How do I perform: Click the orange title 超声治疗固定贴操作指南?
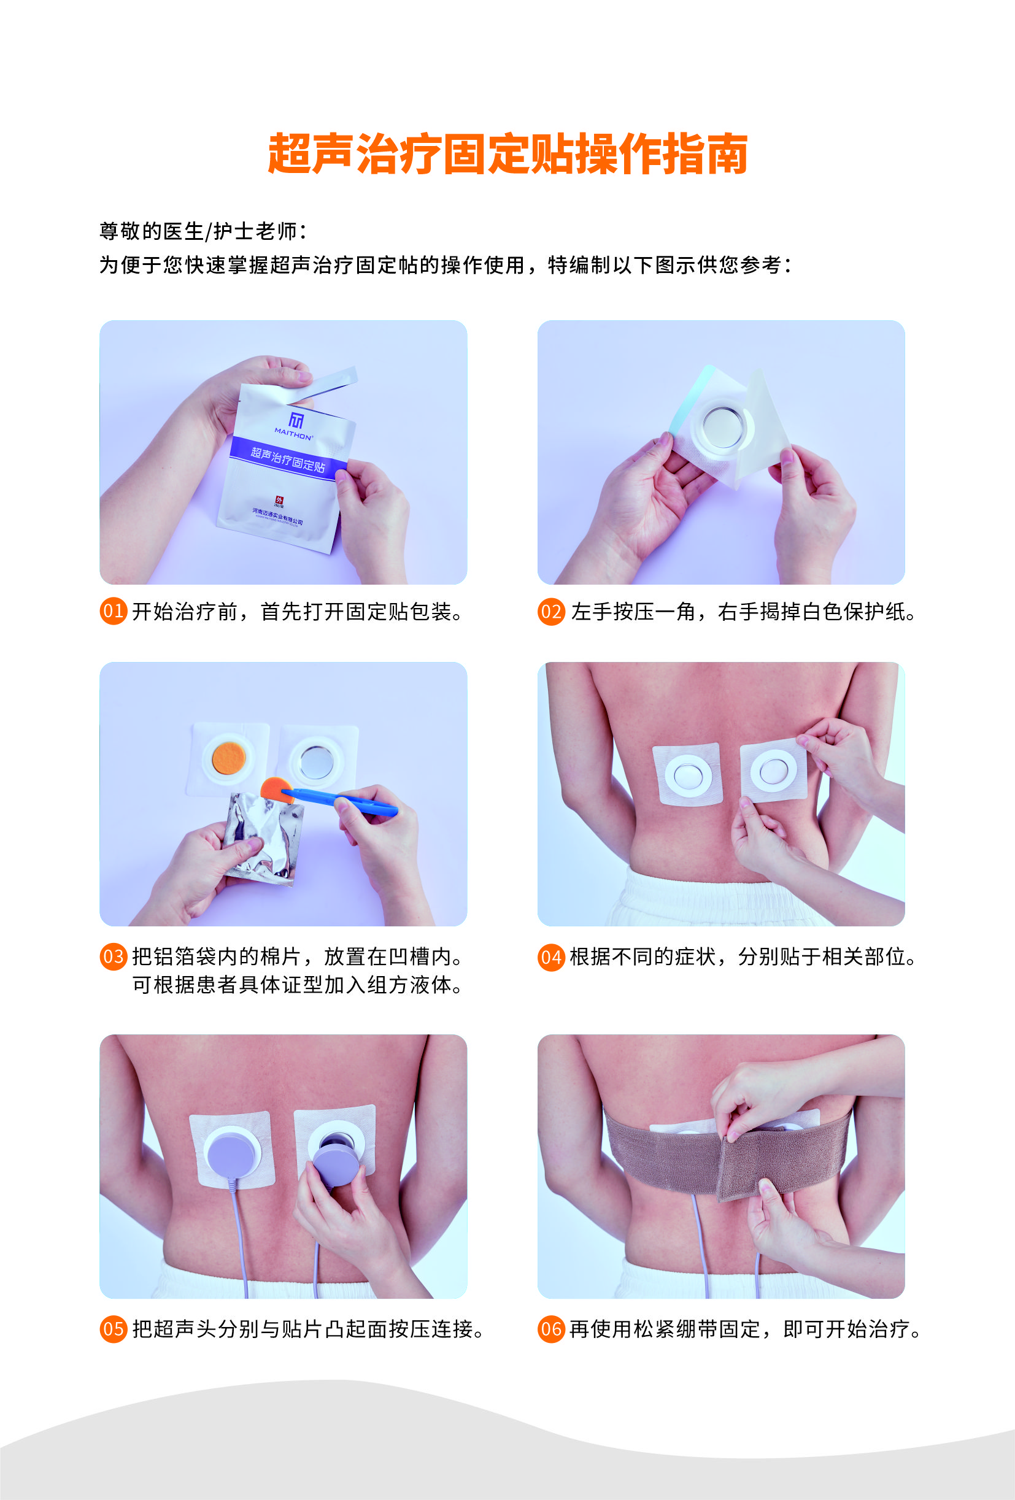pyautogui.click(x=507, y=154)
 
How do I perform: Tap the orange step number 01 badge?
pyautogui.click(x=113, y=611)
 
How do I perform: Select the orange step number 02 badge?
pyautogui.click(x=550, y=611)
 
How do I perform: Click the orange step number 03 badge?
pyautogui.click(x=113, y=956)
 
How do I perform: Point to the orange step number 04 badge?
pyautogui.click(x=550, y=956)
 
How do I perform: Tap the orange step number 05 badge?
pyautogui.click(x=113, y=1329)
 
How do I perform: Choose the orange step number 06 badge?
pyautogui.click(x=550, y=1329)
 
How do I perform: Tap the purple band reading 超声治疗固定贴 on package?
pyautogui.click(x=288, y=459)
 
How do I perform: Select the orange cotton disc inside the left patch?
pyautogui.click(x=228, y=758)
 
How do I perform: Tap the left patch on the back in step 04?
pyautogui.click(x=687, y=774)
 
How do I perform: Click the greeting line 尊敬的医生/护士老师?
pyautogui.click(x=203, y=231)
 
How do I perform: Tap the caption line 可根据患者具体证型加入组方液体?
pyautogui.click(x=297, y=985)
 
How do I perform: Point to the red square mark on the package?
pyautogui.click(x=279, y=499)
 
